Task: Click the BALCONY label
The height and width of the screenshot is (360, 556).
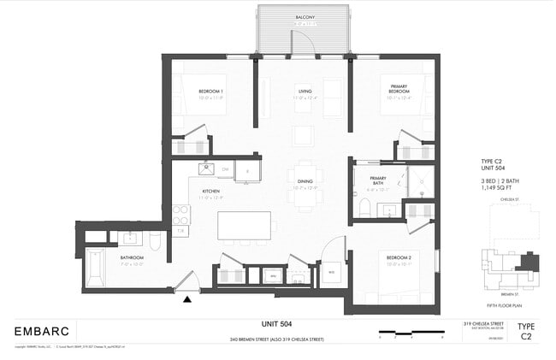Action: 305,17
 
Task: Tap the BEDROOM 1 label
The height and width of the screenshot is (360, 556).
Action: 210,91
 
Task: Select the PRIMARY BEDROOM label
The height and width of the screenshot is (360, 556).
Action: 399,89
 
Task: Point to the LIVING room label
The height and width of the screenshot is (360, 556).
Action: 305,91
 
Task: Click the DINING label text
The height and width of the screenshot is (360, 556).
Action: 305,181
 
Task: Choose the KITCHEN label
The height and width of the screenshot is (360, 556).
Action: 210,192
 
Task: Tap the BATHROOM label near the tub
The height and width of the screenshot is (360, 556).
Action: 131,257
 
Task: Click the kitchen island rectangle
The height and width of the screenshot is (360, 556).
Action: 244,225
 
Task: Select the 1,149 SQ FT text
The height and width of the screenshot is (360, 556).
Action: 498,188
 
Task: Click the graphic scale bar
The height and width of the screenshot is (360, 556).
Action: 411,332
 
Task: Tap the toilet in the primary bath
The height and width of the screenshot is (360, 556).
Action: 364,208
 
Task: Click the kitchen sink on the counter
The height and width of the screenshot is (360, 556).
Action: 206,168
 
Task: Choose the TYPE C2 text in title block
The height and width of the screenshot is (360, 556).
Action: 527,331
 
